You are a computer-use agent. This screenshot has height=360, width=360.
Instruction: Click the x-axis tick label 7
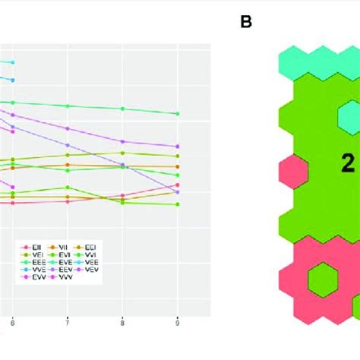[68, 323]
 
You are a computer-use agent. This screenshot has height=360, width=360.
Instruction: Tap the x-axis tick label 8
[123, 323]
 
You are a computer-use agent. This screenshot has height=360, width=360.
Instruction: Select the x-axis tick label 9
[178, 323]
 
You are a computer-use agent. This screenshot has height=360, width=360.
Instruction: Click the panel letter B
[245, 22]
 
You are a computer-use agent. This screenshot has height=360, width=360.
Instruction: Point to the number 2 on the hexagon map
[348, 161]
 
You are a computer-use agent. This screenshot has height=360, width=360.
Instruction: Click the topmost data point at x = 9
[178, 114]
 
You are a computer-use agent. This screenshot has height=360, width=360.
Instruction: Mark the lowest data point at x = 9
[178, 204]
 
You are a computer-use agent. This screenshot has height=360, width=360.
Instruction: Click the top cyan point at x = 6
[12, 62]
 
